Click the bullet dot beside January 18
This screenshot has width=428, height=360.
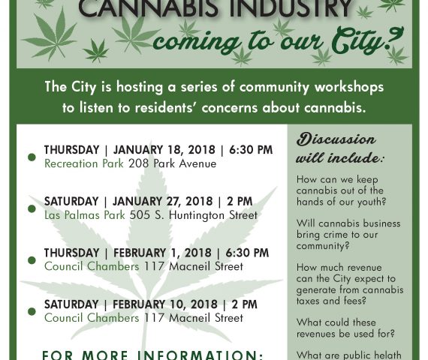click(x=32, y=157)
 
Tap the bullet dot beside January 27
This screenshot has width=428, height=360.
click(x=32, y=208)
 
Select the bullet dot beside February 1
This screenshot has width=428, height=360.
click(x=32, y=260)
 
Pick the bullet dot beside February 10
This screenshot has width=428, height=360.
click(x=32, y=311)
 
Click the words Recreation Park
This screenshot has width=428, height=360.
click(x=84, y=163)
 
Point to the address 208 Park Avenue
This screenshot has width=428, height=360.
click(x=173, y=163)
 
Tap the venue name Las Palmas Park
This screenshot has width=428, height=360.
click(x=85, y=215)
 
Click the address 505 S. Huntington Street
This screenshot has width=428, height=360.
click(x=194, y=215)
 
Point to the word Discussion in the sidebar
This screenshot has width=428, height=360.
click(x=336, y=139)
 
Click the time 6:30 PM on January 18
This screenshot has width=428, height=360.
click(x=251, y=150)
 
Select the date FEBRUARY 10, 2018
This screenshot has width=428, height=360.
click(x=165, y=304)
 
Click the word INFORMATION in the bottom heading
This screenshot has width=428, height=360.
click(x=200, y=355)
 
